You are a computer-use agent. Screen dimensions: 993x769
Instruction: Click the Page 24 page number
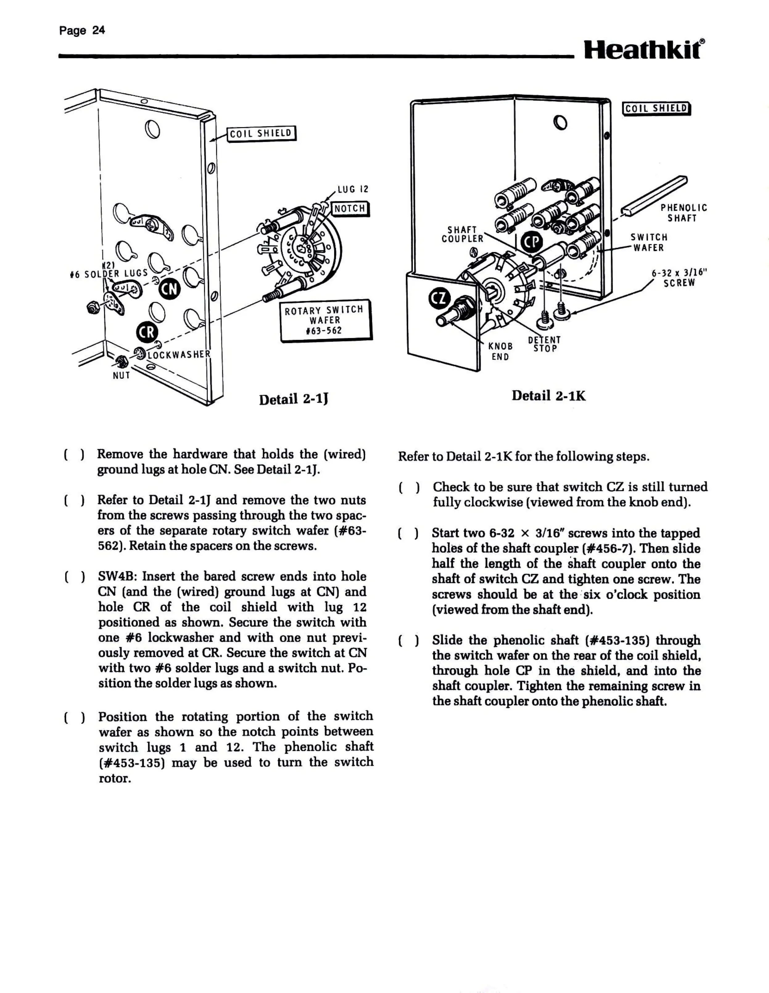click(x=82, y=31)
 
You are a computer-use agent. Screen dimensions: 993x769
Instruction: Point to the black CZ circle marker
click(x=440, y=299)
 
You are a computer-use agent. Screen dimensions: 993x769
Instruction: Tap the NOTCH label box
click(x=350, y=209)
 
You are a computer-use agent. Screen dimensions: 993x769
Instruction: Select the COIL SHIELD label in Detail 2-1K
click(x=656, y=108)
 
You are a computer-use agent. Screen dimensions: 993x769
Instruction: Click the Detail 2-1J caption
click(x=293, y=399)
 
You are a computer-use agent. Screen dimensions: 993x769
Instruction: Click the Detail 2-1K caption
click(x=548, y=396)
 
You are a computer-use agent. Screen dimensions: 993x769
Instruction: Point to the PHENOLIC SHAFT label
click(x=684, y=213)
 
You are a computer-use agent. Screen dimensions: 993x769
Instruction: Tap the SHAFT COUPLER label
click(x=462, y=234)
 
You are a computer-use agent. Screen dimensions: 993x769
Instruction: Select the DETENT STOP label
click(x=544, y=344)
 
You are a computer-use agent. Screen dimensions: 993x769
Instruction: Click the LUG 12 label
click(x=353, y=189)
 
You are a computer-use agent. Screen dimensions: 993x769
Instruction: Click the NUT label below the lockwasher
click(x=122, y=375)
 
